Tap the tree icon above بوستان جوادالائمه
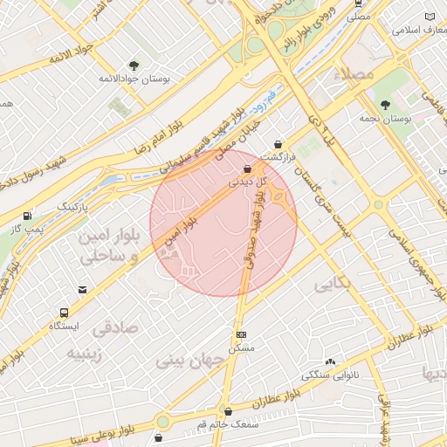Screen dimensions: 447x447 (x=134, y=65)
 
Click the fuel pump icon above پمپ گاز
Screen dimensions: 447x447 (x=30, y=216)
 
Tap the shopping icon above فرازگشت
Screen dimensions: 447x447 (x=279, y=144)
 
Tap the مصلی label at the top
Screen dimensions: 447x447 (x=358, y=17)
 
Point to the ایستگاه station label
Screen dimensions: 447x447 (x=65, y=327)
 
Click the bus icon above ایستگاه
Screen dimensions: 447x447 (x=65, y=312)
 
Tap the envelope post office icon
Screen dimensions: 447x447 (x=82, y=289)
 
